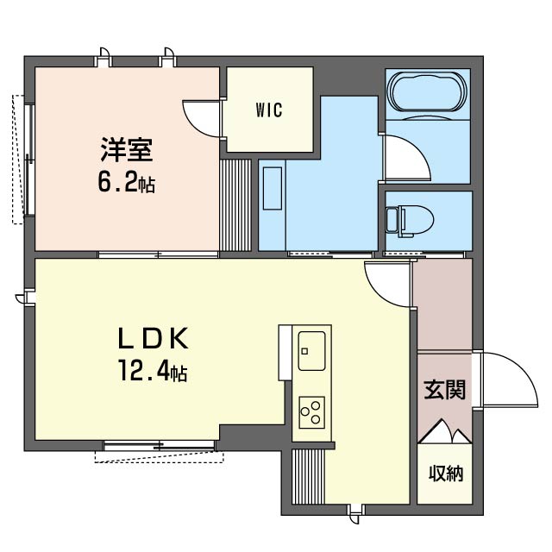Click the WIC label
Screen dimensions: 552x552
point(269,110)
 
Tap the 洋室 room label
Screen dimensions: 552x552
point(127,149)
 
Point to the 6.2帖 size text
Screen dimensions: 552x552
point(127,183)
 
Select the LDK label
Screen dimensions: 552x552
point(153,338)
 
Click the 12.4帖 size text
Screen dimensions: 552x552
point(153,371)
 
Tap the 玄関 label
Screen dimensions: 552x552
point(445,390)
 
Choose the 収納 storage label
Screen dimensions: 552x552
point(446,474)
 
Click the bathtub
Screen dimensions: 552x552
point(427,92)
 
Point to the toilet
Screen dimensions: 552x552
point(410,220)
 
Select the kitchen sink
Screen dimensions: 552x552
point(311,351)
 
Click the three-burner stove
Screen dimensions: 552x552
point(311,412)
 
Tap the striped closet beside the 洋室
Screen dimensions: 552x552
point(235,205)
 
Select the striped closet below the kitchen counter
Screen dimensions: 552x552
point(309,477)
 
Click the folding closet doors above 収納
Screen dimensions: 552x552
point(445,431)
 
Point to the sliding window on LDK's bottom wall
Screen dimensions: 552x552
point(159,445)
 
